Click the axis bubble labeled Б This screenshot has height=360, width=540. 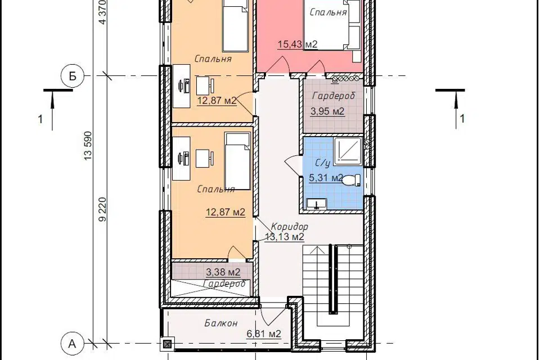click(73, 76)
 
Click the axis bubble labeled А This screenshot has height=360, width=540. click(72, 344)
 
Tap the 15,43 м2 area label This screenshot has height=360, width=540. click(298, 44)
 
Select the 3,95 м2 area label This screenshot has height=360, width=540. click(327, 111)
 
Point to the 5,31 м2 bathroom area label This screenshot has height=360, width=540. click(326, 178)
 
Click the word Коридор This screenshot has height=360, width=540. click(289, 227)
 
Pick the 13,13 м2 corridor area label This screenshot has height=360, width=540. click(285, 237)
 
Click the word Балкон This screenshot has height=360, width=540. click(220, 323)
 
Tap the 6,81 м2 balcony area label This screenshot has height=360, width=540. click(264, 334)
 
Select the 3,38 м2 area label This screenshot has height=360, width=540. click(223, 272)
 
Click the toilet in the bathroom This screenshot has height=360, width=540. click(352, 180)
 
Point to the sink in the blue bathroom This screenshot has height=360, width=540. click(317, 204)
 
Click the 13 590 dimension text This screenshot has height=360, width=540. click(88, 145)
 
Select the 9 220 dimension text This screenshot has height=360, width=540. click(102, 209)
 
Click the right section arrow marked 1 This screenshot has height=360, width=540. click(457, 109)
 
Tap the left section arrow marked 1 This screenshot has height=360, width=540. click(52, 109)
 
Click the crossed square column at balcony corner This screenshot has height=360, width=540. click(168, 344)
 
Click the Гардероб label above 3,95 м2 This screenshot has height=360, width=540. click(334, 96)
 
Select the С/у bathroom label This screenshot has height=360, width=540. click(323, 163)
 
